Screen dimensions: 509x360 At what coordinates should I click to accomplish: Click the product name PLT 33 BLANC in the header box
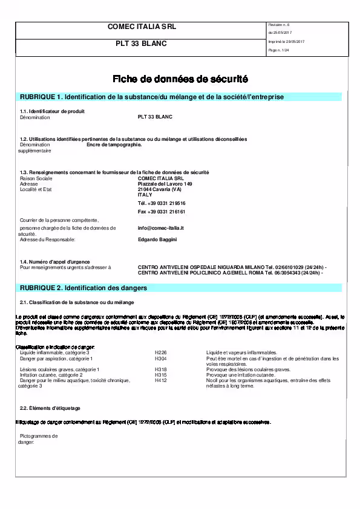[x=141, y=44]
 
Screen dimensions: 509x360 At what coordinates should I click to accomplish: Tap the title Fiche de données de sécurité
[x=180, y=79]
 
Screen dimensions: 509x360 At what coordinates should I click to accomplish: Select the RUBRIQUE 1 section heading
[x=152, y=97]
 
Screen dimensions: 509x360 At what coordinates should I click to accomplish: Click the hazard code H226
[x=160, y=352]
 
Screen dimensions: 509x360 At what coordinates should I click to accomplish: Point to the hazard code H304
[x=160, y=358]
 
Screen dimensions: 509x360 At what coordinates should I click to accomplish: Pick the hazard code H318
[x=160, y=369]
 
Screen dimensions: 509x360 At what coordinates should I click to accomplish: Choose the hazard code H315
[x=160, y=375]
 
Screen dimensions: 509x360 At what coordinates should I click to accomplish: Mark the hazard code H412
[x=160, y=380]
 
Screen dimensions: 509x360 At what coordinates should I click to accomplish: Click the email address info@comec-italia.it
[x=160, y=228]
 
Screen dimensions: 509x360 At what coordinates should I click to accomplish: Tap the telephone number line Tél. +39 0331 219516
[x=162, y=203]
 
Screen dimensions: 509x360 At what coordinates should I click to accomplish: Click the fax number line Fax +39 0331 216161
[x=162, y=212]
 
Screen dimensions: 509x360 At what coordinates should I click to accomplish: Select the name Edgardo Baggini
[x=157, y=239]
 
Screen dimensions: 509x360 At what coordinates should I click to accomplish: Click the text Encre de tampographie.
[x=114, y=145]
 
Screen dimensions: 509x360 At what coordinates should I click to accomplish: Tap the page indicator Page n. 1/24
[x=278, y=50]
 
